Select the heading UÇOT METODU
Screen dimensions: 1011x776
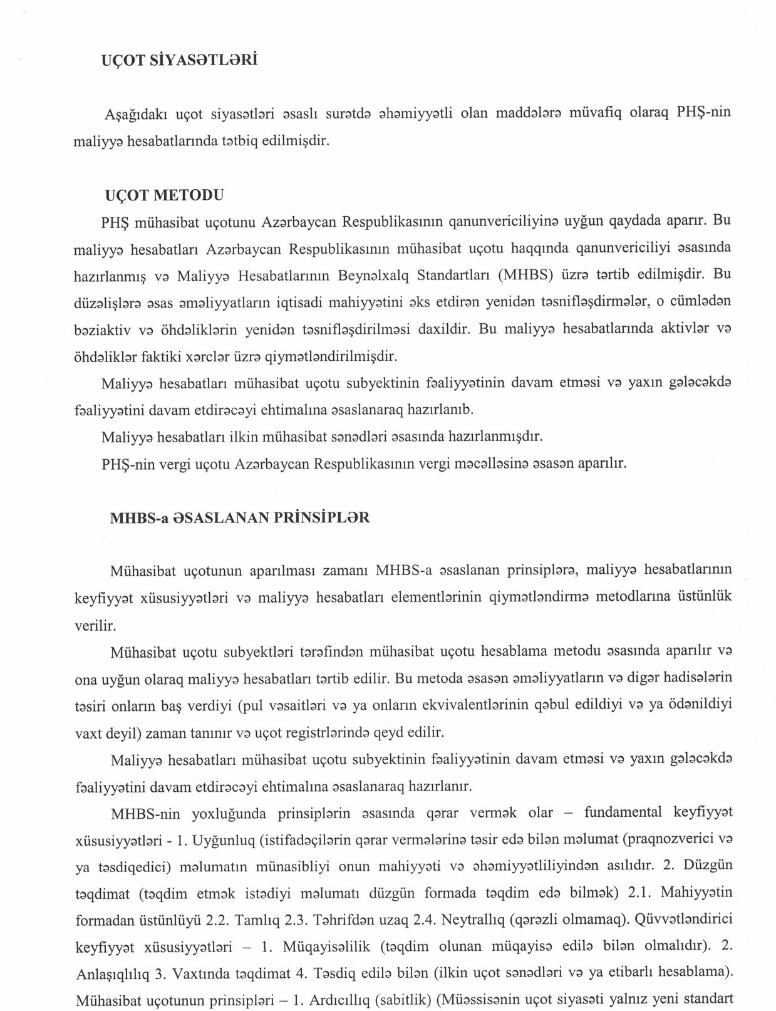164,195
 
